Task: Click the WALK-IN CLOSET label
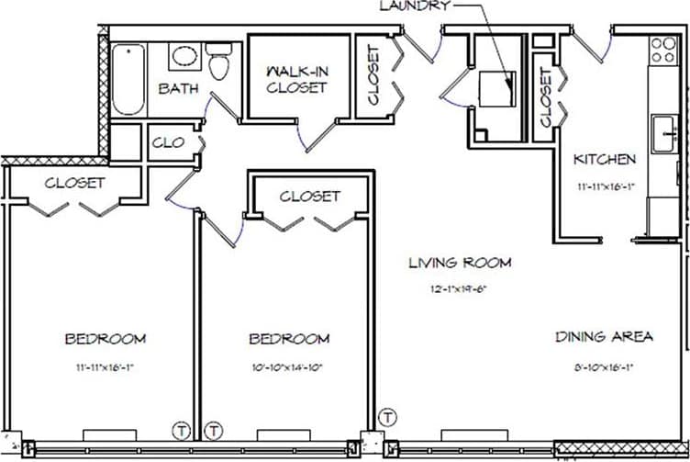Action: pos(296,79)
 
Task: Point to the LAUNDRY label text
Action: pos(416,6)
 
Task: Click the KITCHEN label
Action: pos(604,160)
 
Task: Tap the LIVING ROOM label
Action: pos(459,264)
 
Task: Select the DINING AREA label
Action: pos(605,337)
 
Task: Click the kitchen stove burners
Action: pos(662,49)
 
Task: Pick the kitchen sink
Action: pos(662,135)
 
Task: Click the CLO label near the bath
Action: pos(168,142)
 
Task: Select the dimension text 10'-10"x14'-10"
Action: pos(289,367)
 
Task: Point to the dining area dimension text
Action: pos(605,367)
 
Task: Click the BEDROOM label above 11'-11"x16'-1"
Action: pos(105,339)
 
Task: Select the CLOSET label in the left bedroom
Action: pos(75,183)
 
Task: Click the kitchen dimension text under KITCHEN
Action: pos(605,186)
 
